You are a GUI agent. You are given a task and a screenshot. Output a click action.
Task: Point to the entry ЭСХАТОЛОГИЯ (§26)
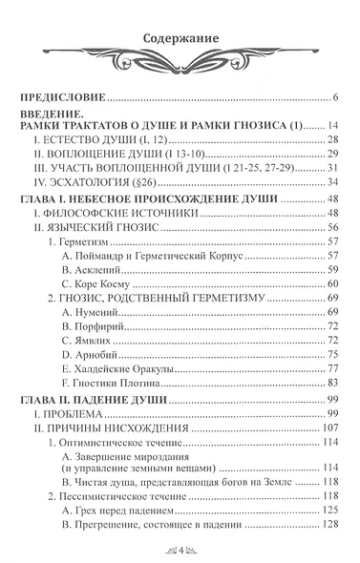click(x=92, y=181)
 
